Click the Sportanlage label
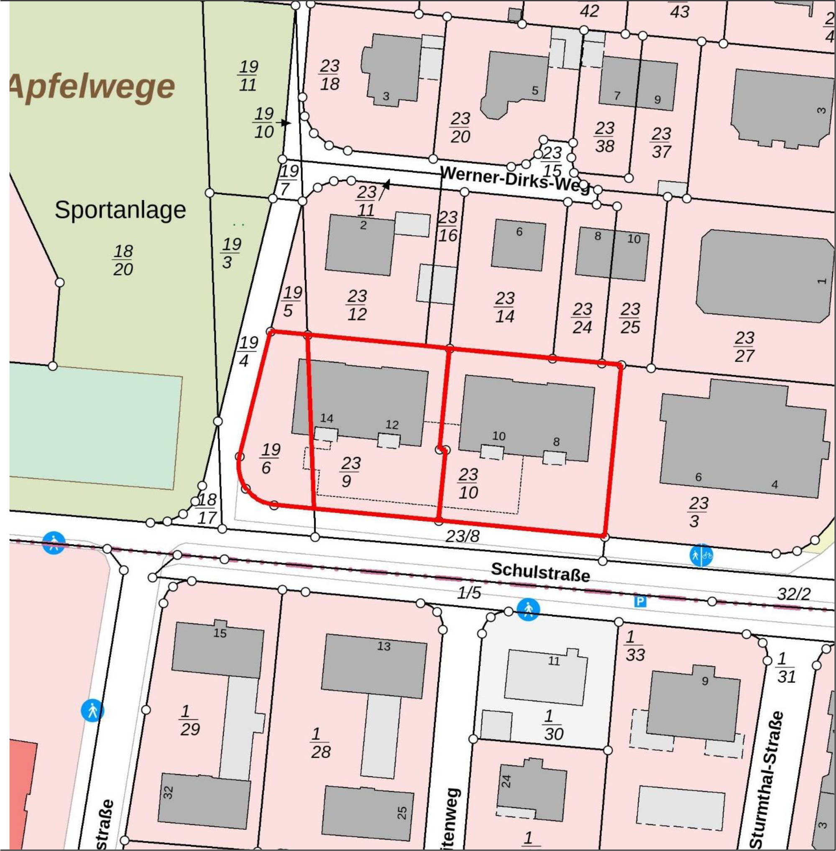[x=120, y=210]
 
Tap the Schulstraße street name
[x=540, y=571]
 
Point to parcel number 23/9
[x=350, y=472]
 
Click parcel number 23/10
[x=468, y=483]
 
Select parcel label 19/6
[x=269, y=458]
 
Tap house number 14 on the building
[x=326, y=418]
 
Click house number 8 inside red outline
[x=556, y=442]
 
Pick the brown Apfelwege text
[x=92, y=87]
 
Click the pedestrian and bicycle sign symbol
[x=701, y=555]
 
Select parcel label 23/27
[x=744, y=347]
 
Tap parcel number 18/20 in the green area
[x=123, y=260]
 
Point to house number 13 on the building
[x=383, y=646]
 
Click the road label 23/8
[x=462, y=536]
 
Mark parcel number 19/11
[x=248, y=76]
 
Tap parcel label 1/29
[x=190, y=720]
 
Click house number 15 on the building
[x=220, y=633]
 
